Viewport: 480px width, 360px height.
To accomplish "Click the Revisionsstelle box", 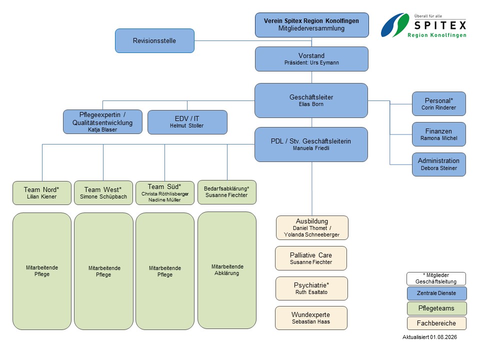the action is (x=154, y=40).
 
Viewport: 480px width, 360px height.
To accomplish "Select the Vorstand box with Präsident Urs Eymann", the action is (x=311, y=59).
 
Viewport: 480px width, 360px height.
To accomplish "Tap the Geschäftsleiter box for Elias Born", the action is (x=311, y=100).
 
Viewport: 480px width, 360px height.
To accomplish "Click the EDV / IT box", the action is (x=187, y=122).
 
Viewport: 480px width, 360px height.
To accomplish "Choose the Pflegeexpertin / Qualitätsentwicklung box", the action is (x=102, y=122).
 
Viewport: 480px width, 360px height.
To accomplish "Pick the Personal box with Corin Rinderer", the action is (x=438, y=104).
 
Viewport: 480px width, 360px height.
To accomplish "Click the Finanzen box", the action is (x=438, y=134).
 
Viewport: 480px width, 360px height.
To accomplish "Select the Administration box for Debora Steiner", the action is (x=438, y=164).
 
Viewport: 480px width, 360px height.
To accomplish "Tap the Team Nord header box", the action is (x=42, y=193).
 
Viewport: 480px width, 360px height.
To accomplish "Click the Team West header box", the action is (x=103, y=193).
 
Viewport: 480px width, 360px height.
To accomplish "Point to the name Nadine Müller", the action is (x=164, y=200).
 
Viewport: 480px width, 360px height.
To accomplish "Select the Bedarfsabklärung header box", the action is (x=227, y=192).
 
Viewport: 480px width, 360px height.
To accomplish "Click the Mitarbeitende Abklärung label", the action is (x=227, y=269).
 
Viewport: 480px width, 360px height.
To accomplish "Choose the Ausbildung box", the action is (x=312, y=228).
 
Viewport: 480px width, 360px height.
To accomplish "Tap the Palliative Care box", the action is (x=311, y=258).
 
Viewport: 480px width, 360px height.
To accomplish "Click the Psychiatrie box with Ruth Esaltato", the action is (x=311, y=288).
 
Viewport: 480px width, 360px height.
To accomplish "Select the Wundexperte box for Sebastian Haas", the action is (x=311, y=318).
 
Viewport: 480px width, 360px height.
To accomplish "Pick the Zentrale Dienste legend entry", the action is (x=437, y=293).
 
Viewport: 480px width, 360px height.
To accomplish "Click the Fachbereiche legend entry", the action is (x=436, y=323).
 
